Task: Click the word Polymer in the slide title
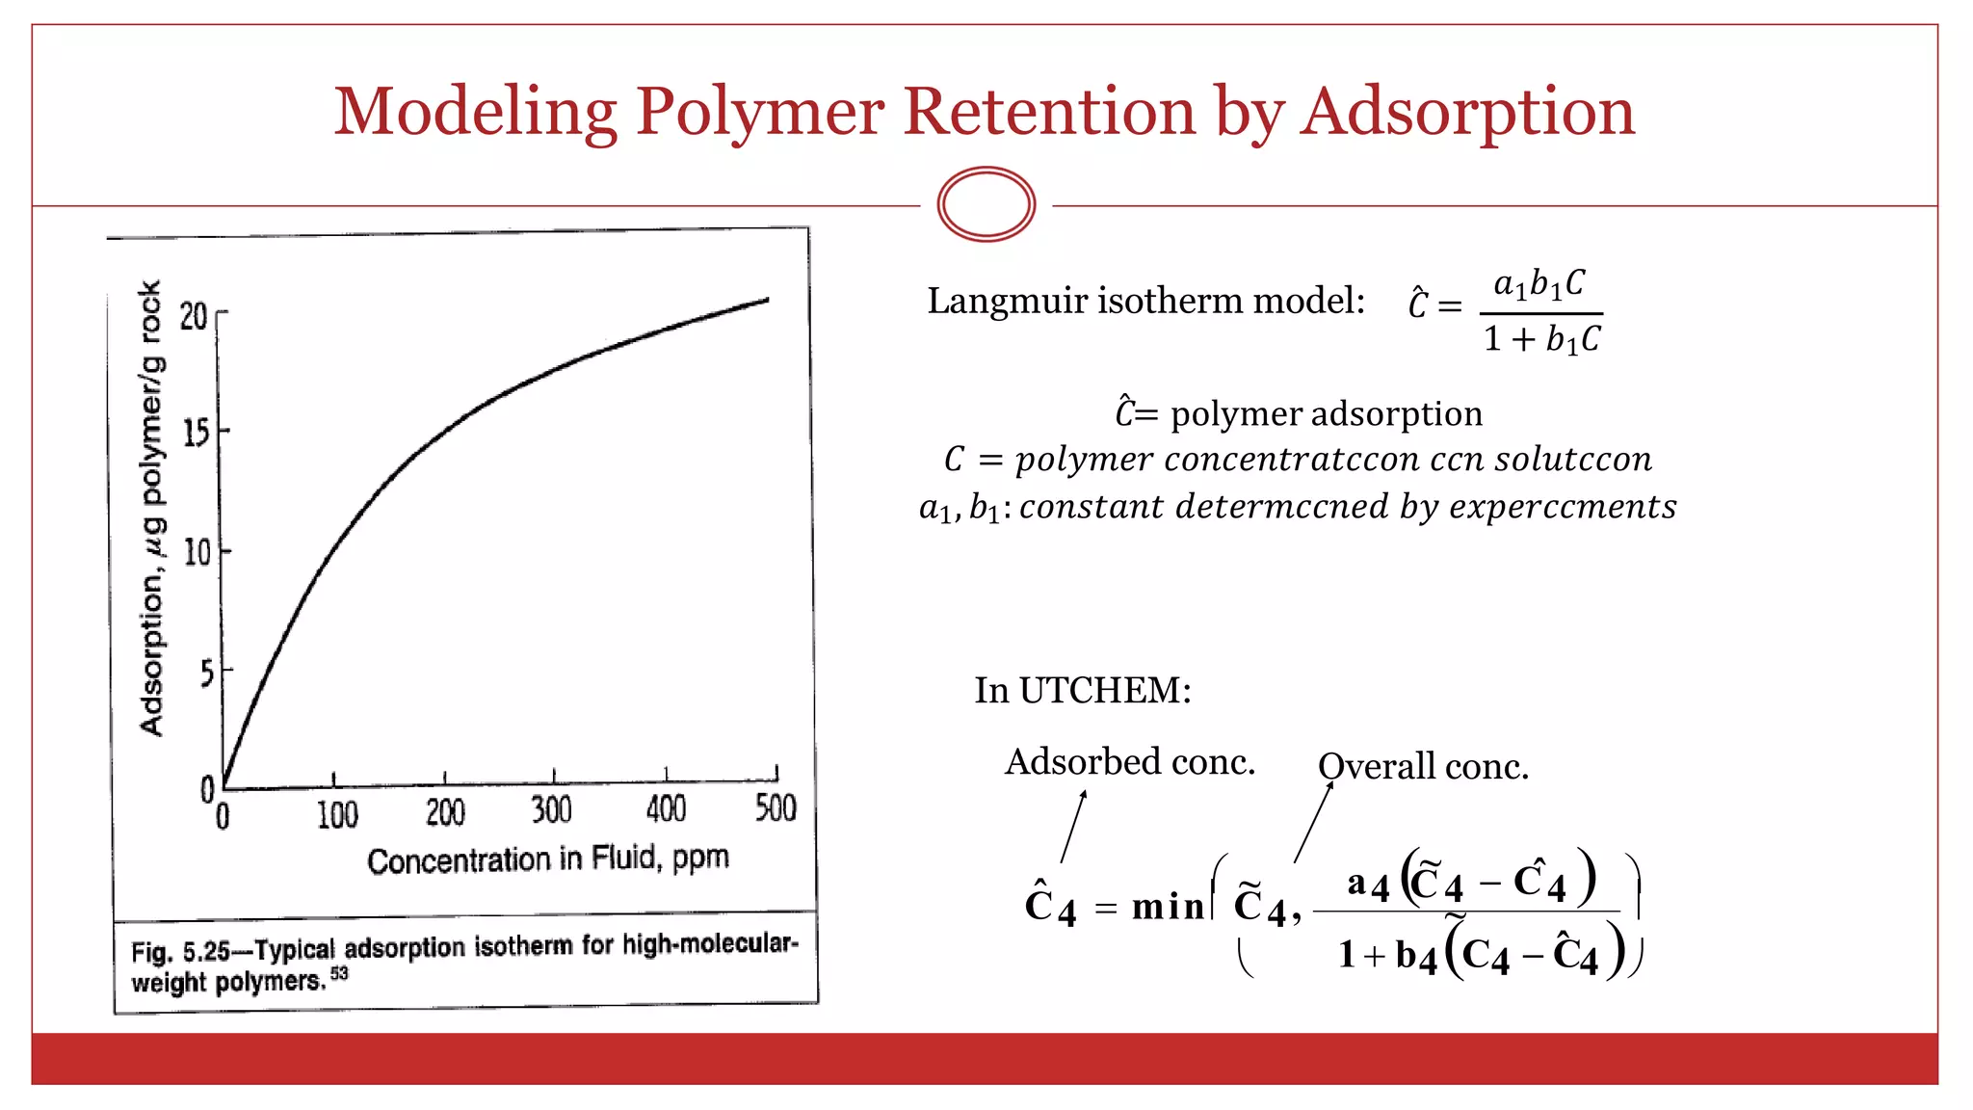(x=759, y=112)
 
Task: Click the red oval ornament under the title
(x=986, y=204)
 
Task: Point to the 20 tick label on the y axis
(x=194, y=316)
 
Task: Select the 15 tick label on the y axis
(x=196, y=433)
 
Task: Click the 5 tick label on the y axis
(x=206, y=673)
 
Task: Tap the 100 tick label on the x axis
(x=337, y=815)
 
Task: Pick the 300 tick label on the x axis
(x=552, y=810)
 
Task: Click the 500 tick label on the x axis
(x=776, y=807)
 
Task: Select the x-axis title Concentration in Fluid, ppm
(x=547, y=859)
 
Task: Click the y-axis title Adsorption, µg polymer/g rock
(x=152, y=509)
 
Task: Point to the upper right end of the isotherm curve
(x=766, y=301)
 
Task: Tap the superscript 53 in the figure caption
(x=339, y=973)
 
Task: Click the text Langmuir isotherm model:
(x=1145, y=301)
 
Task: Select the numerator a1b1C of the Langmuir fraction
(x=1539, y=284)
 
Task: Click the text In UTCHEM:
(x=1083, y=690)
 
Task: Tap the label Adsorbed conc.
(x=1130, y=761)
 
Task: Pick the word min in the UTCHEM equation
(x=1168, y=907)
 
